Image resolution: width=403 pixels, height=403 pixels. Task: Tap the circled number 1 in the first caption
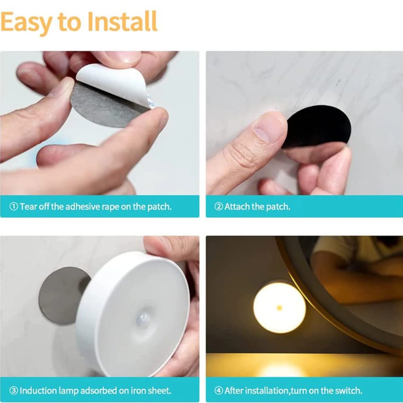click(14, 206)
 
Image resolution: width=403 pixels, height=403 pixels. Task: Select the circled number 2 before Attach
click(219, 206)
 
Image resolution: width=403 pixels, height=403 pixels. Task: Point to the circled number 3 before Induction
click(14, 390)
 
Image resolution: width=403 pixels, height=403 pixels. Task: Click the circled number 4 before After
click(219, 390)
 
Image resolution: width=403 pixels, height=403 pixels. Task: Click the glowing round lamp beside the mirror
click(279, 308)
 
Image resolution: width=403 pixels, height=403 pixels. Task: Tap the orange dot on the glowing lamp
click(279, 308)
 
